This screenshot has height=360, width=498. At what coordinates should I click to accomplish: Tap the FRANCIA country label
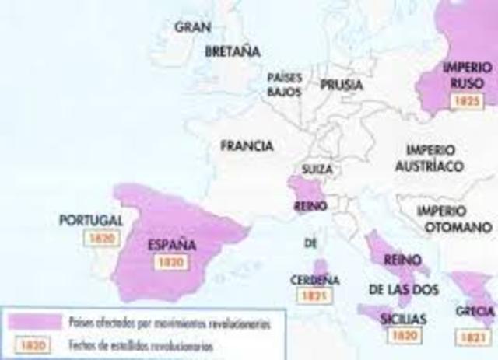tap(247, 145)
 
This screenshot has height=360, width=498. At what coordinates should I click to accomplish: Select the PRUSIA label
tap(342, 83)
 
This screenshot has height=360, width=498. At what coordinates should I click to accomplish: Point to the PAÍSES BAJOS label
tap(284, 85)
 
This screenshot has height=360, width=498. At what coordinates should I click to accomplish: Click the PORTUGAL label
tap(92, 220)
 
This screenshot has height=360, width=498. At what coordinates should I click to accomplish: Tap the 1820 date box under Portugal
tap(102, 239)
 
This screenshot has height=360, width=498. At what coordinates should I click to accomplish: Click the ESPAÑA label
tap(170, 243)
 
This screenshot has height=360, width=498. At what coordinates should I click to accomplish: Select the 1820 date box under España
tap(170, 262)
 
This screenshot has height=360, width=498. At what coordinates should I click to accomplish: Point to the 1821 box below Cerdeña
tap(314, 295)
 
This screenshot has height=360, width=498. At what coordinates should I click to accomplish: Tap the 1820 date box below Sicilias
tap(403, 335)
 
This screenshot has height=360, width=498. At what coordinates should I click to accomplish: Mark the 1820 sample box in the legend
tap(31, 344)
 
